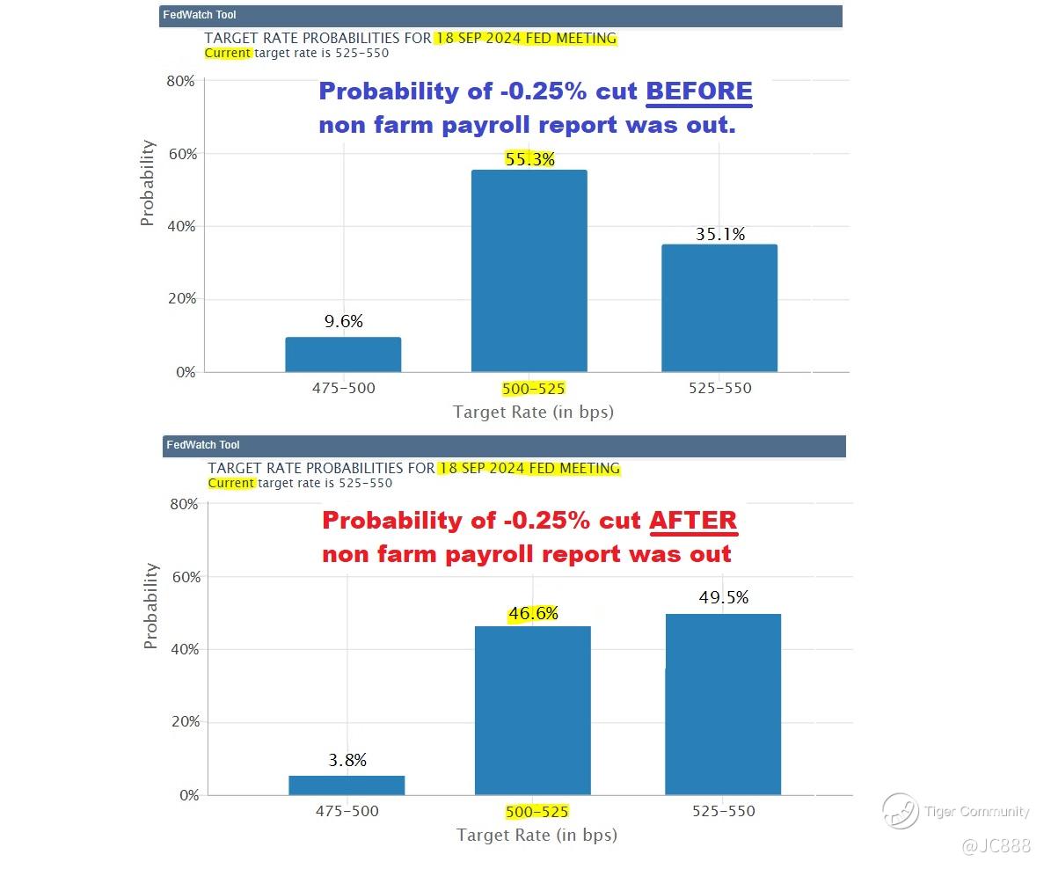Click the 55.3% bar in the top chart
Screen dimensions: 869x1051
point(529,271)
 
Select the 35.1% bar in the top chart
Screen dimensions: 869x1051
point(719,308)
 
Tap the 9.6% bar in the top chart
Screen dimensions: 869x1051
point(343,354)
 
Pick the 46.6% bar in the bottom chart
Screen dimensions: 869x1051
point(532,711)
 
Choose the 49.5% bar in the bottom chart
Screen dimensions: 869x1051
point(722,705)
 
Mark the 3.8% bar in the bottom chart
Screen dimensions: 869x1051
point(347,785)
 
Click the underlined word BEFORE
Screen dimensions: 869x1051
point(699,91)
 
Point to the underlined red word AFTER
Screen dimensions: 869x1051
point(693,521)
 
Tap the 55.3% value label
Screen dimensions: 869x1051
point(529,159)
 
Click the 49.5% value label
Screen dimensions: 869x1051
point(724,598)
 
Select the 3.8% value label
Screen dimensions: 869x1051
point(347,760)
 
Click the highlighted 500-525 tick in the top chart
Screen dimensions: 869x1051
point(533,389)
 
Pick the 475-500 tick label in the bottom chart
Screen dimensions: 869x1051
point(347,812)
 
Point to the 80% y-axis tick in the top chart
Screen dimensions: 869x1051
point(180,81)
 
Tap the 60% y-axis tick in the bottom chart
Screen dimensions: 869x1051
point(184,577)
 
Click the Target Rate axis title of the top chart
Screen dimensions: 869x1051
point(533,412)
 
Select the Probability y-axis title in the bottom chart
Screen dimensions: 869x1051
point(150,606)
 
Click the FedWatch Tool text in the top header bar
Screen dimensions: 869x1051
point(200,15)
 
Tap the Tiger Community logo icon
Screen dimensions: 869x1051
point(900,811)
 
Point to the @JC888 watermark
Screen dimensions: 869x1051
point(996,846)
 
